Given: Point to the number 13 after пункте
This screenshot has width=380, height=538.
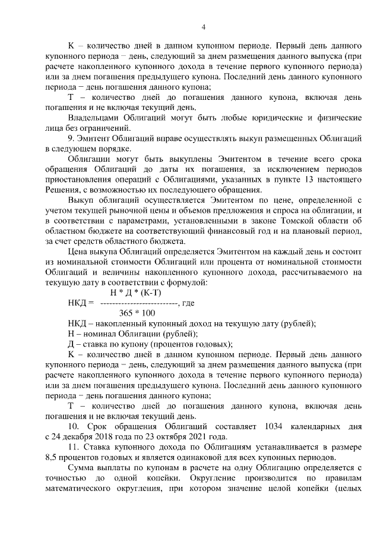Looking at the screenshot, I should (303, 180).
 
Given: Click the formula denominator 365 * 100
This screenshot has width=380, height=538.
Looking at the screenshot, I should (137, 313).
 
